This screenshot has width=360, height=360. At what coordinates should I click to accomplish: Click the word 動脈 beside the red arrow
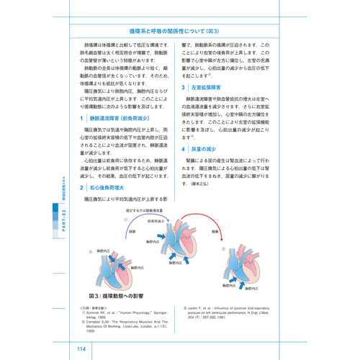tap(215, 232)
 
